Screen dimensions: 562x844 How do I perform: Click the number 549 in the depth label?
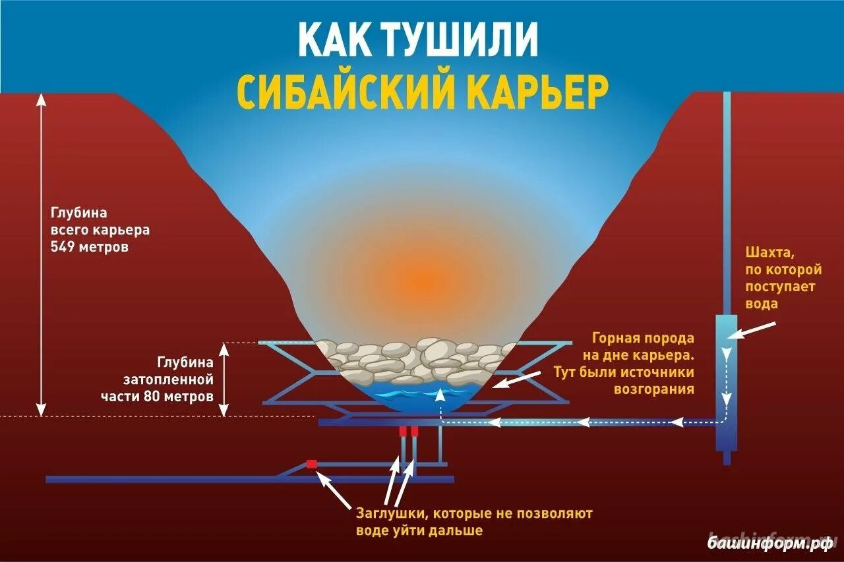pyautogui.click(x=62, y=247)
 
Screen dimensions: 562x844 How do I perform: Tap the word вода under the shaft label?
pyautogui.click(x=762, y=304)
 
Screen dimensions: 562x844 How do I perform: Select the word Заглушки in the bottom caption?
pyautogui.click(x=388, y=512)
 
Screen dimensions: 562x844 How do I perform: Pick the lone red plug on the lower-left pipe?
pyautogui.click(x=311, y=464)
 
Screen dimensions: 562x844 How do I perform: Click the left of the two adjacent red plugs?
pyautogui.click(x=402, y=431)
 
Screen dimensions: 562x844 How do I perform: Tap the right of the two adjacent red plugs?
pyautogui.click(x=414, y=431)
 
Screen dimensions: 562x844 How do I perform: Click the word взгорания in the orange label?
pyautogui.click(x=653, y=389)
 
